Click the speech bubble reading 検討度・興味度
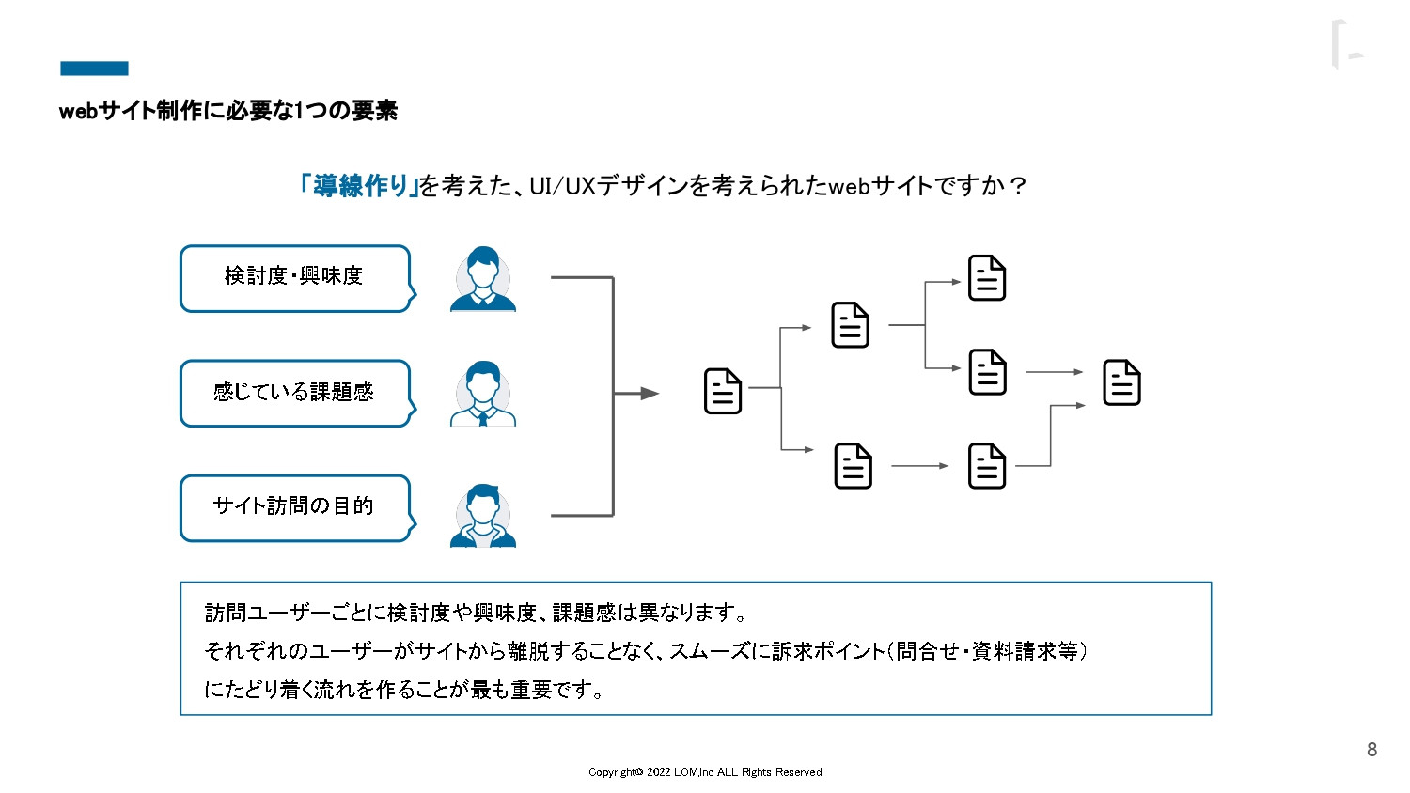[x=295, y=278]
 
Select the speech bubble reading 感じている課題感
[x=295, y=393]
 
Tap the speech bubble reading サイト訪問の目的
[x=295, y=507]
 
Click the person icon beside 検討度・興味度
[x=483, y=279]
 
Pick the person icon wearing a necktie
[x=483, y=394]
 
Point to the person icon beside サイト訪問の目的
[x=483, y=516]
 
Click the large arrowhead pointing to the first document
[x=650, y=394]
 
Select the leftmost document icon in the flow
[x=723, y=392]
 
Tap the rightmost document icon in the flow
[x=1121, y=382]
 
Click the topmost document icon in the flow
[x=987, y=278]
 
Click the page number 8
[x=1371, y=750]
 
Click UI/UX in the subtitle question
[x=562, y=186]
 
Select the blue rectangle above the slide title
[x=94, y=69]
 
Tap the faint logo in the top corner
[x=1346, y=45]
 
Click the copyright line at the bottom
[x=705, y=772]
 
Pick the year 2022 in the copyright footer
[x=658, y=772]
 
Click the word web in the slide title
[x=78, y=112]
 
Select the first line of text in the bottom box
[x=476, y=614]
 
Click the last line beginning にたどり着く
[x=403, y=690]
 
